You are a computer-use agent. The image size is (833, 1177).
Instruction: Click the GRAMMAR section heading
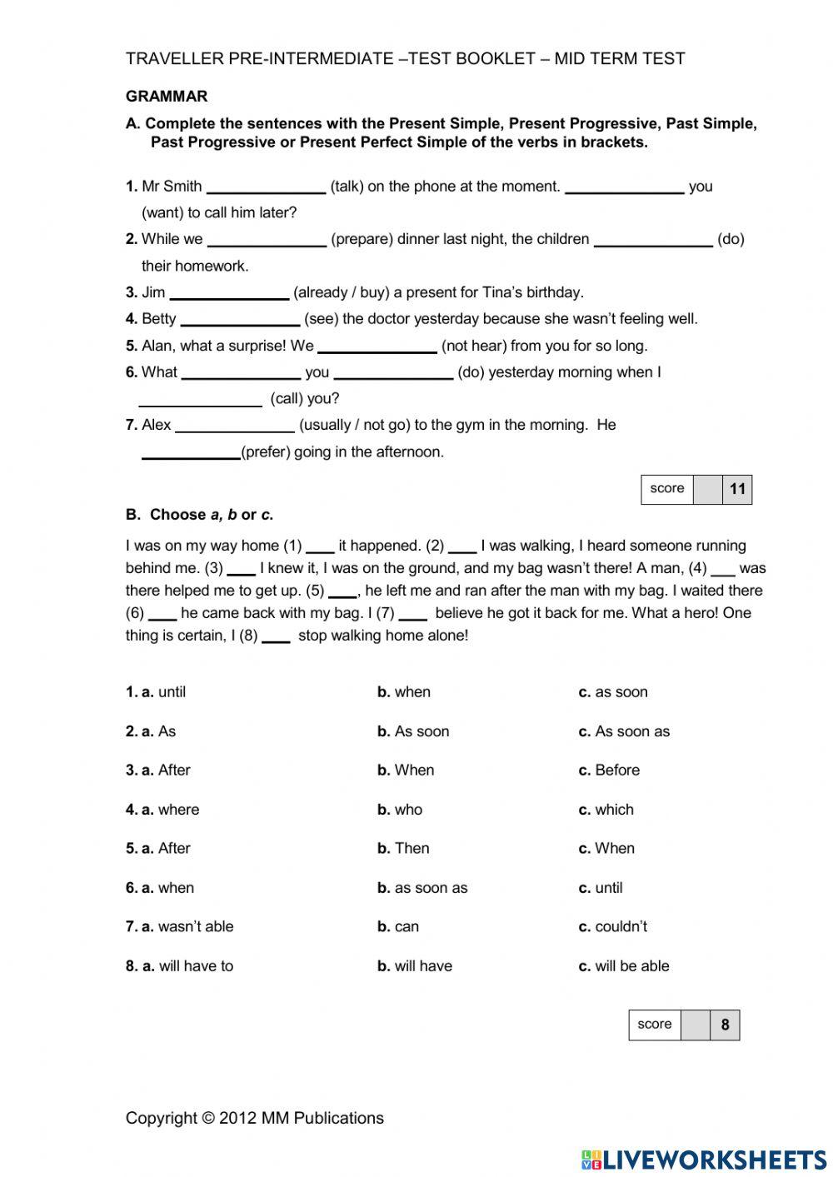pos(167,97)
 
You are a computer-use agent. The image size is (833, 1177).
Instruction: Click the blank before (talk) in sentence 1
pos(266,187)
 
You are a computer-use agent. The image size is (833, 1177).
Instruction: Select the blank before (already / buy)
pos(229,292)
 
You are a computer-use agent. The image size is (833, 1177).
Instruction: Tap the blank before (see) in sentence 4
pos(240,319)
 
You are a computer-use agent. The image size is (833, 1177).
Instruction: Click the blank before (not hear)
pos(377,346)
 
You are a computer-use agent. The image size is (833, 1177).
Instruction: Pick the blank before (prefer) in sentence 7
pos(191,452)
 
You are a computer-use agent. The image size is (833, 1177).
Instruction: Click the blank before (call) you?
pos(200,399)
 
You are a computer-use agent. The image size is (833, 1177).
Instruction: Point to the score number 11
pos(737,489)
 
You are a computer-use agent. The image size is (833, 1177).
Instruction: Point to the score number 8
pos(725,1025)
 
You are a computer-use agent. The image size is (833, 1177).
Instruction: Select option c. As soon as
pos(624,731)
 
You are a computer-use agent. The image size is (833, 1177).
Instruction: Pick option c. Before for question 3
pos(609,771)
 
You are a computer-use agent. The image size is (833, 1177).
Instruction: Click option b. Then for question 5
pos(403,849)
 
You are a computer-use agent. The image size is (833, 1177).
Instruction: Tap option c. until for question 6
pos(601,888)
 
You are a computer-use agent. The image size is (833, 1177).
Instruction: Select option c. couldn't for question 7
pos(612,927)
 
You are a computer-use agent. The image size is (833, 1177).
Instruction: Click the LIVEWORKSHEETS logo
pos(704,1160)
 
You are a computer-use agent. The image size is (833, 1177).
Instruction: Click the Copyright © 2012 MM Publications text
pos(255,1118)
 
